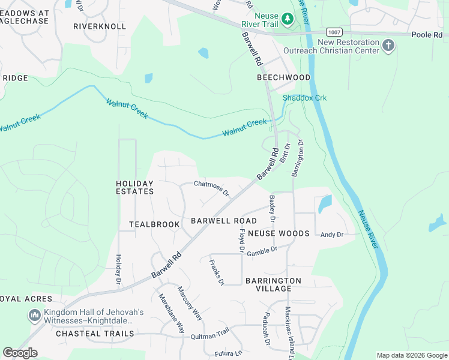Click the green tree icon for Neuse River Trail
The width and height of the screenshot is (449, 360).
pos(288,19)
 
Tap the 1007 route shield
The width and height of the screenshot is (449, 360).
pos(335,31)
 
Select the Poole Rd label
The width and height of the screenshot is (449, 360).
pos(427,35)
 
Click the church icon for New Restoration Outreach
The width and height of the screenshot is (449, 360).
pos(388,46)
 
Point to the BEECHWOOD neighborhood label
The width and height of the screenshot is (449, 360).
pos(283,77)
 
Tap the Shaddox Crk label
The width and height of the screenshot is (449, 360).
pos(304,98)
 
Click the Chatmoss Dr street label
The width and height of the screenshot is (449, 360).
pos(211,188)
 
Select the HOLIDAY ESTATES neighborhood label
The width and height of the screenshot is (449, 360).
pos(134,187)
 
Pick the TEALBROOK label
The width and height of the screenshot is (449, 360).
pos(154,224)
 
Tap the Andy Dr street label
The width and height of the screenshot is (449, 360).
pos(332,235)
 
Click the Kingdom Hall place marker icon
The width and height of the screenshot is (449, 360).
pos(34,315)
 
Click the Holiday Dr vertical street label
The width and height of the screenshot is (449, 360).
pos(119,269)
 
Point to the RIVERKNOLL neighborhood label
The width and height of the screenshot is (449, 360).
pos(100,26)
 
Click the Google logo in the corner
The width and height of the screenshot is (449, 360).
pos(20,352)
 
